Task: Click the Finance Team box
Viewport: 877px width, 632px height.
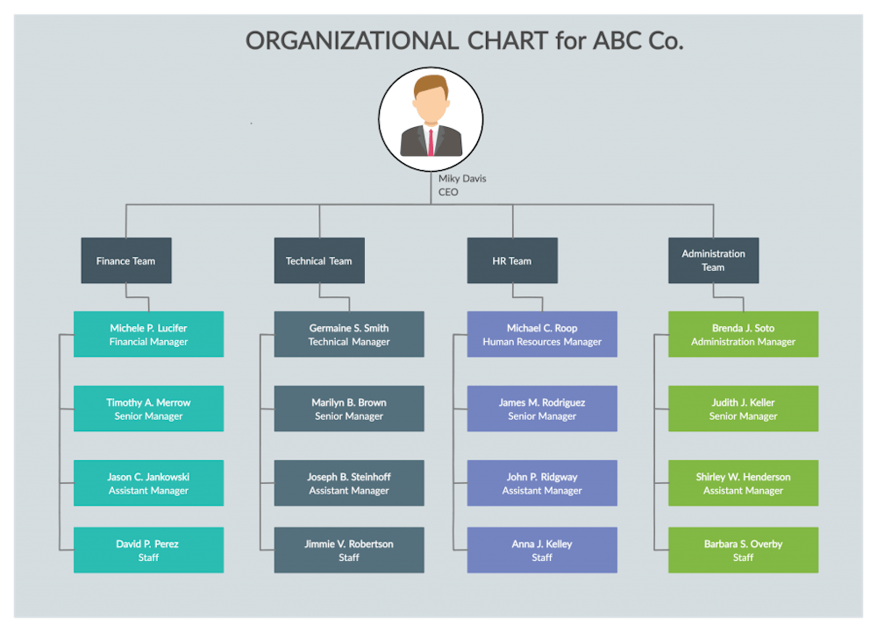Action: coord(125,260)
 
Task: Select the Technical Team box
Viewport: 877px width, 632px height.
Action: coord(318,260)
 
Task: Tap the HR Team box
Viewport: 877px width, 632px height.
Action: coord(512,260)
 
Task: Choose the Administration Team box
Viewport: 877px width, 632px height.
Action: coord(713,260)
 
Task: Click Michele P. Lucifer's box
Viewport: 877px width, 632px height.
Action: coord(148,334)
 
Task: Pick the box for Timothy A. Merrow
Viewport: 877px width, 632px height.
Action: coord(148,408)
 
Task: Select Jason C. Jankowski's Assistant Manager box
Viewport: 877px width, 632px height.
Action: coord(148,483)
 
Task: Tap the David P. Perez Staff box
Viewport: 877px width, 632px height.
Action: coord(148,550)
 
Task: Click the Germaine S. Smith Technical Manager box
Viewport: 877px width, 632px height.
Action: coord(349,334)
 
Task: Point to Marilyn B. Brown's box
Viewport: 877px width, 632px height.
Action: coord(349,408)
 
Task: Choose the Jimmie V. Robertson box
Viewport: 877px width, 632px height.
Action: coord(349,550)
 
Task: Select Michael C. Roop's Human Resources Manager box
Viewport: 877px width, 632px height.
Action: coord(542,334)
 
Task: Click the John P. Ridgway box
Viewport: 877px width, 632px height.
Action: coord(542,483)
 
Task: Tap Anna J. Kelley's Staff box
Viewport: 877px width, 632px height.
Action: coord(542,550)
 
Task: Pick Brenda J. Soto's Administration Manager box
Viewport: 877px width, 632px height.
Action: coord(743,334)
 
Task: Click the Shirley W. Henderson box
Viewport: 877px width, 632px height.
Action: coord(743,483)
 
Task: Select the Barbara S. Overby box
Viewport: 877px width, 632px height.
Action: coord(743,550)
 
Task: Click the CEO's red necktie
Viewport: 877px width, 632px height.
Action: coord(431,140)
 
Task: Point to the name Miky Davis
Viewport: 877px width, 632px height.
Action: coord(462,179)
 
